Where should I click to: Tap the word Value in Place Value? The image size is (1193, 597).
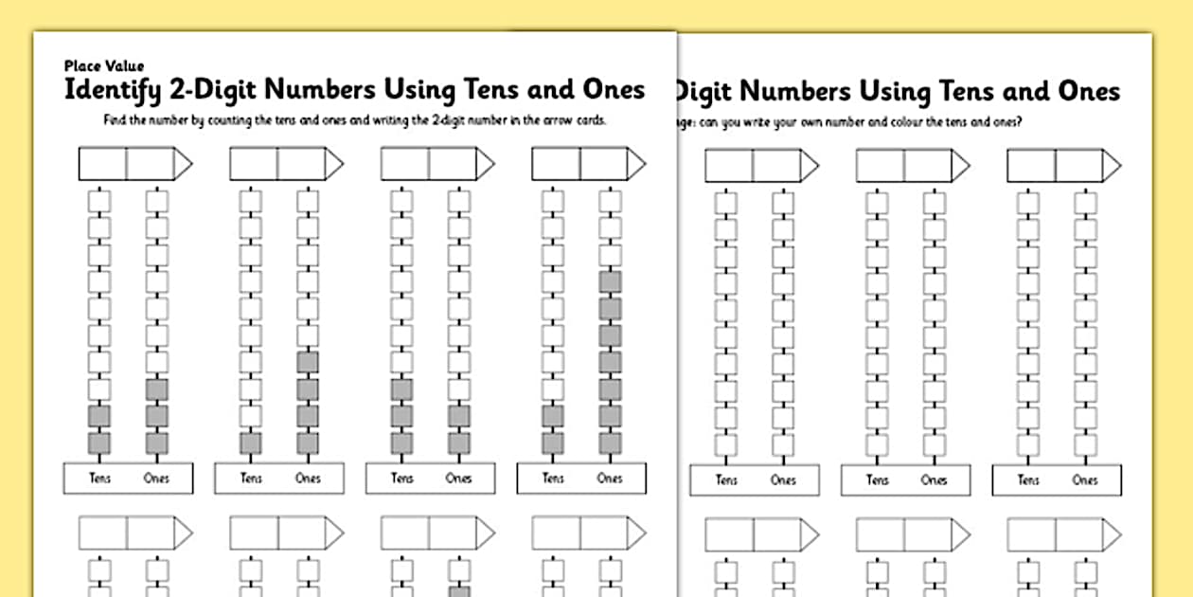(x=124, y=66)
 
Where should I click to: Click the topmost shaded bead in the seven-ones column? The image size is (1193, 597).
(x=610, y=281)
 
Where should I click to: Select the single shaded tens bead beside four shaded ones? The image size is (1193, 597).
(x=251, y=443)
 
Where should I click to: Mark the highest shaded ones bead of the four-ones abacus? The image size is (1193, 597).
(x=308, y=362)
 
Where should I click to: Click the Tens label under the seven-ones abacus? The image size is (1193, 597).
(x=553, y=479)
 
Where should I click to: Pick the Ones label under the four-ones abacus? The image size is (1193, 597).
(x=308, y=479)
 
